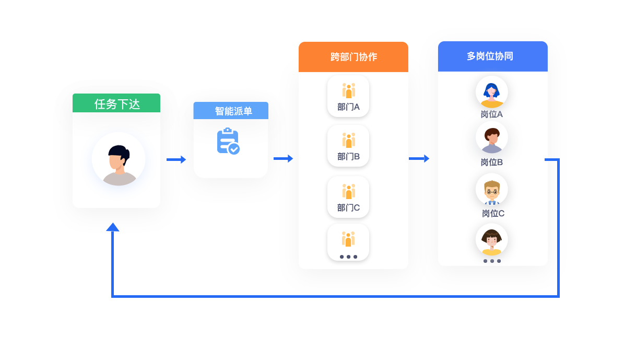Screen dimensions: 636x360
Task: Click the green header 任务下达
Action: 116,103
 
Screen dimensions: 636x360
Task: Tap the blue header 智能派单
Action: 231,111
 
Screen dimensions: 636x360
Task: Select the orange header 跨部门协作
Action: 354,57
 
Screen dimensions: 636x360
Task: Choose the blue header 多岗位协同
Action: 493,56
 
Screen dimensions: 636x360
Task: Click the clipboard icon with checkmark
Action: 228,141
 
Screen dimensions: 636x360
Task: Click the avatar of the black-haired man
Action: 119,159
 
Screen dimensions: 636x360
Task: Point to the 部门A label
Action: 348,107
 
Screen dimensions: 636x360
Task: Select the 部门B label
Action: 348,157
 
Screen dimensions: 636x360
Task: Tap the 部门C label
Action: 348,208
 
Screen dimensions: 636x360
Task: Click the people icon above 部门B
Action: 349,141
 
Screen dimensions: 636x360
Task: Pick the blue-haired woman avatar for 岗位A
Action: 492,92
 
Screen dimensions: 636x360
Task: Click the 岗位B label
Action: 492,162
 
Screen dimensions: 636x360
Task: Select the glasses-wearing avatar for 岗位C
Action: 492,189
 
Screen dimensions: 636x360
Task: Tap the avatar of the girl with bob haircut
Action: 492,239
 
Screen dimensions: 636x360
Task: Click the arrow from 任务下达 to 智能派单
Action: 176,159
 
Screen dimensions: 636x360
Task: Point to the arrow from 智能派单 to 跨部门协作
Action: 284,158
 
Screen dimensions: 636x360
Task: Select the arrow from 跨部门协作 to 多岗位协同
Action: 419,158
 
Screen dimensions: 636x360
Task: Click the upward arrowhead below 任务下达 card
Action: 113,227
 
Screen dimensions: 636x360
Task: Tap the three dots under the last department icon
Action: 348,257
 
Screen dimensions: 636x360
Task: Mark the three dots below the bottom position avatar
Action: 492,261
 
